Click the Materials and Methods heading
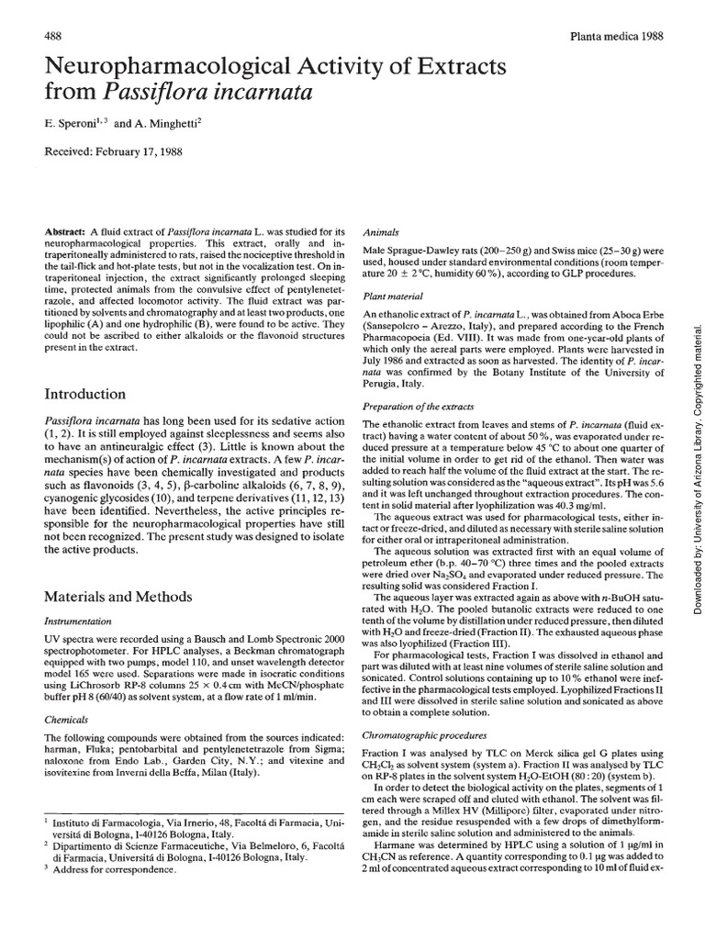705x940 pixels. click(118, 596)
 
